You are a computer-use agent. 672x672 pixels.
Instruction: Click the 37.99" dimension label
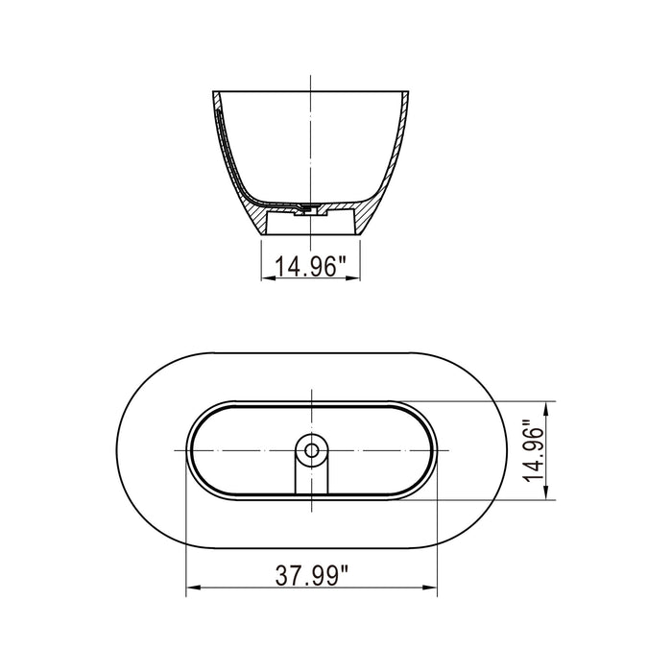[x=311, y=576]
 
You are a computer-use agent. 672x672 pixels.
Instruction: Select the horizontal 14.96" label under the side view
[x=311, y=267]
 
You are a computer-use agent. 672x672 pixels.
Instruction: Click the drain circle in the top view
[x=311, y=448]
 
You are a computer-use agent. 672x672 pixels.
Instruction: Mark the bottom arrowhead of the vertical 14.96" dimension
[x=547, y=495]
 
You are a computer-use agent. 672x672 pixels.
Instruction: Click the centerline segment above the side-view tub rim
[x=311, y=82]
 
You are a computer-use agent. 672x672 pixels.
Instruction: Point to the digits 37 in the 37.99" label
[x=288, y=576]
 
